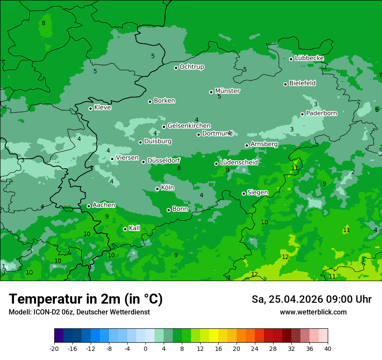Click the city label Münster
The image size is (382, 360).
point(227,91)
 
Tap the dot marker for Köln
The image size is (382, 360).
point(157,189)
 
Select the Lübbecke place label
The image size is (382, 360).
point(309,58)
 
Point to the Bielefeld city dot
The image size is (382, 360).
point(285,84)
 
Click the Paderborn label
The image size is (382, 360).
point(321,113)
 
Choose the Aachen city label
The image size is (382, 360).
point(104,205)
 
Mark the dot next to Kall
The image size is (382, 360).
point(125,229)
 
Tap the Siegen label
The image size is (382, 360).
point(257,192)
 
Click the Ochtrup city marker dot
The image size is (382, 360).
point(176,68)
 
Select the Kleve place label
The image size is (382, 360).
point(102,107)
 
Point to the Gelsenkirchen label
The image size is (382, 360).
point(189,126)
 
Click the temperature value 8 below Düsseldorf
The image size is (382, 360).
point(179,168)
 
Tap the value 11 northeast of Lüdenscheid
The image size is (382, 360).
point(295,168)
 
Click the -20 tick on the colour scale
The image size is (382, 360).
point(54,348)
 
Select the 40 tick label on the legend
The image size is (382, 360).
point(328,348)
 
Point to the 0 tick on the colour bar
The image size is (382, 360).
point(145,348)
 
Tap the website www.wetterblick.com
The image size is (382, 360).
point(313,312)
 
